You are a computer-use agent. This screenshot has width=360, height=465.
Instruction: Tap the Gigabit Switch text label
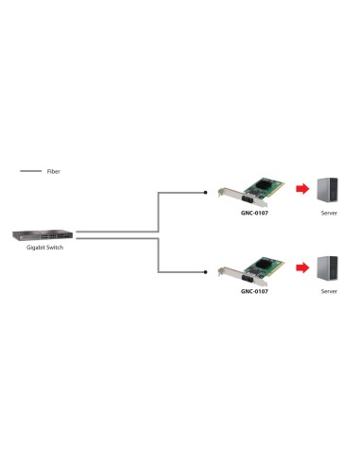39,249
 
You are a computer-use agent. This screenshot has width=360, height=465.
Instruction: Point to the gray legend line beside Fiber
31,172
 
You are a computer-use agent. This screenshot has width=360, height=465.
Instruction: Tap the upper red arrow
301,191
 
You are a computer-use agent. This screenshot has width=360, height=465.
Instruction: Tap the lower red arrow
301,267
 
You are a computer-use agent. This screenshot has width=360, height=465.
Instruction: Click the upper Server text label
329,213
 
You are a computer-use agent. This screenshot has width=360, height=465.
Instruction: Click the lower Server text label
329,292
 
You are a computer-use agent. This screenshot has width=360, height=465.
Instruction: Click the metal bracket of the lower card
223,275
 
